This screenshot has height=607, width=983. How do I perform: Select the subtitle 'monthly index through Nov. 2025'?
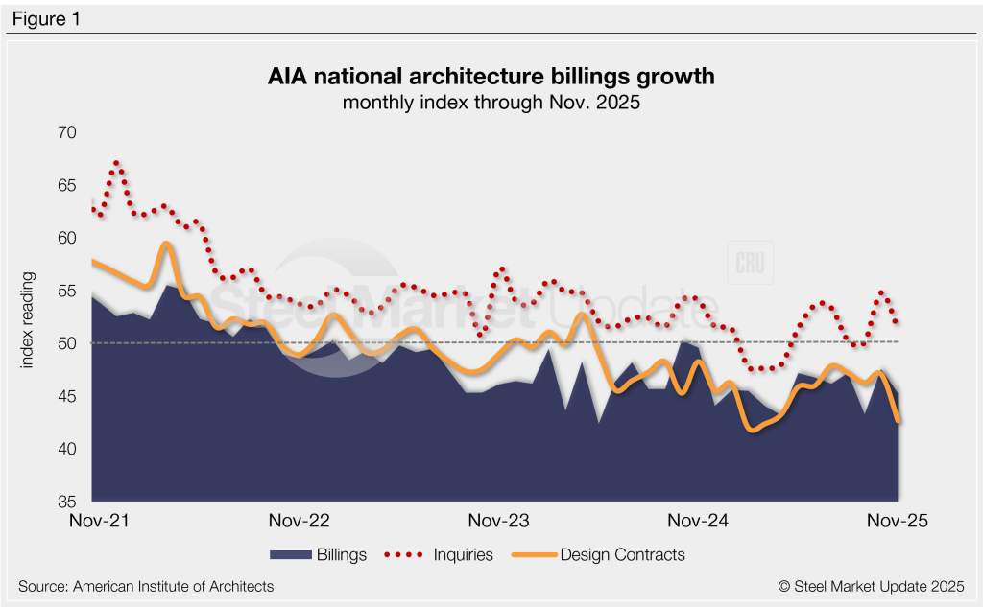(x=491, y=103)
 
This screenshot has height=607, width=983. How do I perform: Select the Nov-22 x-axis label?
(x=300, y=522)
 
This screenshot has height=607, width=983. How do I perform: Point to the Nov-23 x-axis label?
(x=498, y=522)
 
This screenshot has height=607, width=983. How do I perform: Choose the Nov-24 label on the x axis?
(x=698, y=522)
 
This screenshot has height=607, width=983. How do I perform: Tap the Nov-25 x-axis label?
(x=897, y=522)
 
